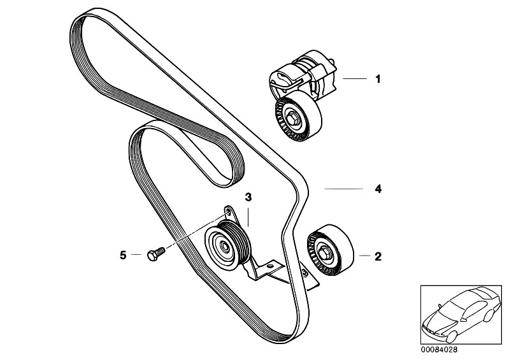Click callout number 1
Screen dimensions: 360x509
coord(376,79)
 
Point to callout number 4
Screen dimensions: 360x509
coord(376,189)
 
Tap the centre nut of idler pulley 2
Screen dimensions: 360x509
coord(324,251)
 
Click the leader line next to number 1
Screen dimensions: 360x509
coord(354,78)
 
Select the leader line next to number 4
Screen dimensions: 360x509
coord(344,189)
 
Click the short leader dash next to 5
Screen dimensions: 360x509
coord(136,255)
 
